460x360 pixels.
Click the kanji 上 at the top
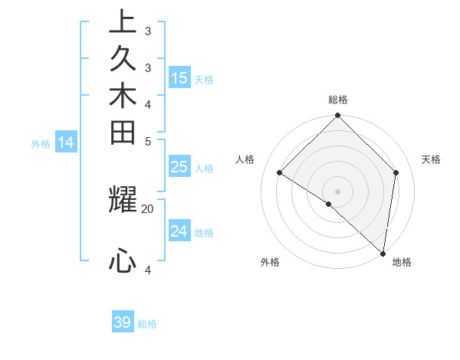point(123,21)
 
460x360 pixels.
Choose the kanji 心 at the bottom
point(123,260)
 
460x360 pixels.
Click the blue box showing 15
point(179,78)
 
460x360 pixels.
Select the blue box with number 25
point(179,168)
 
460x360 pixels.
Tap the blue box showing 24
point(179,231)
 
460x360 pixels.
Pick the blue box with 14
point(66,142)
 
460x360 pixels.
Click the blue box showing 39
point(123,322)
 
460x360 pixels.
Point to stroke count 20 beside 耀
point(147,208)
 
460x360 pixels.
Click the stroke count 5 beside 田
point(148,141)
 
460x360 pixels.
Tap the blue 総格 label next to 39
point(147,324)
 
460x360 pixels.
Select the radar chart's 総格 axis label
point(338,100)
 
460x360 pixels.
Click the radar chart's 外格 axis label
point(270,262)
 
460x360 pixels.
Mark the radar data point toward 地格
point(383,253)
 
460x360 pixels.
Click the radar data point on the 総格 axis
point(338,116)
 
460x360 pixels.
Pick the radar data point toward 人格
point(280,173)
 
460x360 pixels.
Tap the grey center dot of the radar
point(338,191)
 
